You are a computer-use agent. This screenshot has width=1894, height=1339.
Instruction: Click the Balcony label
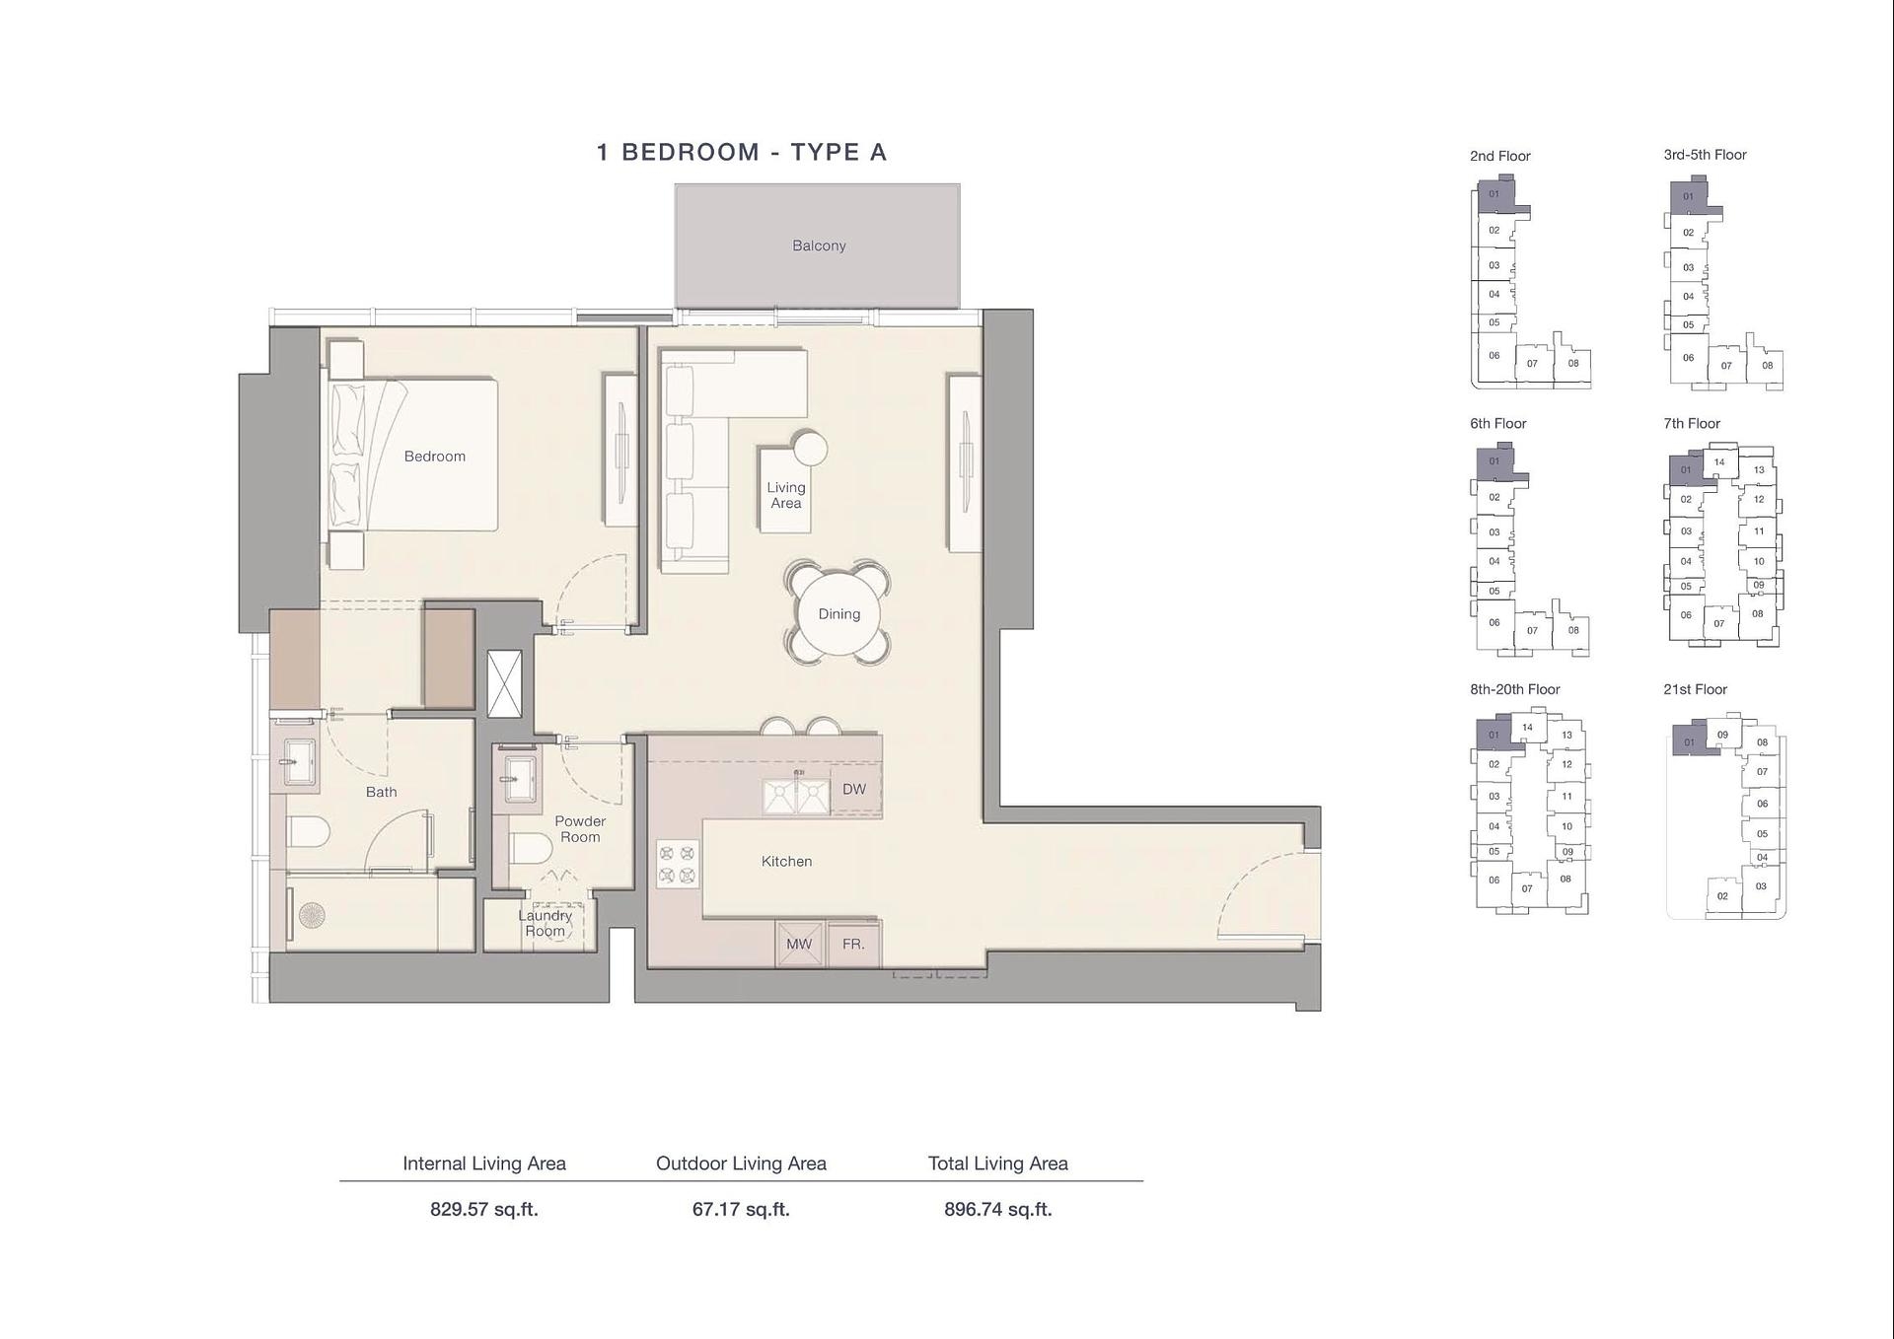819,246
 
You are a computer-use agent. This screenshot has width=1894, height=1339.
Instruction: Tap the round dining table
838,613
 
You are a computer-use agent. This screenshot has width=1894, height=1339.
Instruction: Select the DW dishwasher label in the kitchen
854,789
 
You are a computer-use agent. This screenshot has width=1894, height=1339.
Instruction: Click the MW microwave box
799,944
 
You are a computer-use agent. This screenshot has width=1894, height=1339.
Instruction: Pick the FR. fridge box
853,944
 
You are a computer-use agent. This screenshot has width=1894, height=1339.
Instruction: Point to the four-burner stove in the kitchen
677,864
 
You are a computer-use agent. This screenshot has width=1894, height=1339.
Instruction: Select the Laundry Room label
545,923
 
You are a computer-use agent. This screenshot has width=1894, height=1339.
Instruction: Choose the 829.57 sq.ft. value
484,1209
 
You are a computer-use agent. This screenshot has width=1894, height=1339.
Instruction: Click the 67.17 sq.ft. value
741,1209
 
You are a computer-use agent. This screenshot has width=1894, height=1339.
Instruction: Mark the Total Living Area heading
997,1163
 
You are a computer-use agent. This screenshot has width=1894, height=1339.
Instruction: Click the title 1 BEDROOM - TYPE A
742,152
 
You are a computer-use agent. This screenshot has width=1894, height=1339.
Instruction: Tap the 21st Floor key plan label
1695,689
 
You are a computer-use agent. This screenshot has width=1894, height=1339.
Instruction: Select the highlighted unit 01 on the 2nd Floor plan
1493,194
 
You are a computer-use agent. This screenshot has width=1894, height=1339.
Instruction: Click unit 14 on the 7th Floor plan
1719,461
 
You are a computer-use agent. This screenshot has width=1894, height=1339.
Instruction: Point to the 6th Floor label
1497,423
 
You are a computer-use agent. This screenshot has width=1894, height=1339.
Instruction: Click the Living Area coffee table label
785,495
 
